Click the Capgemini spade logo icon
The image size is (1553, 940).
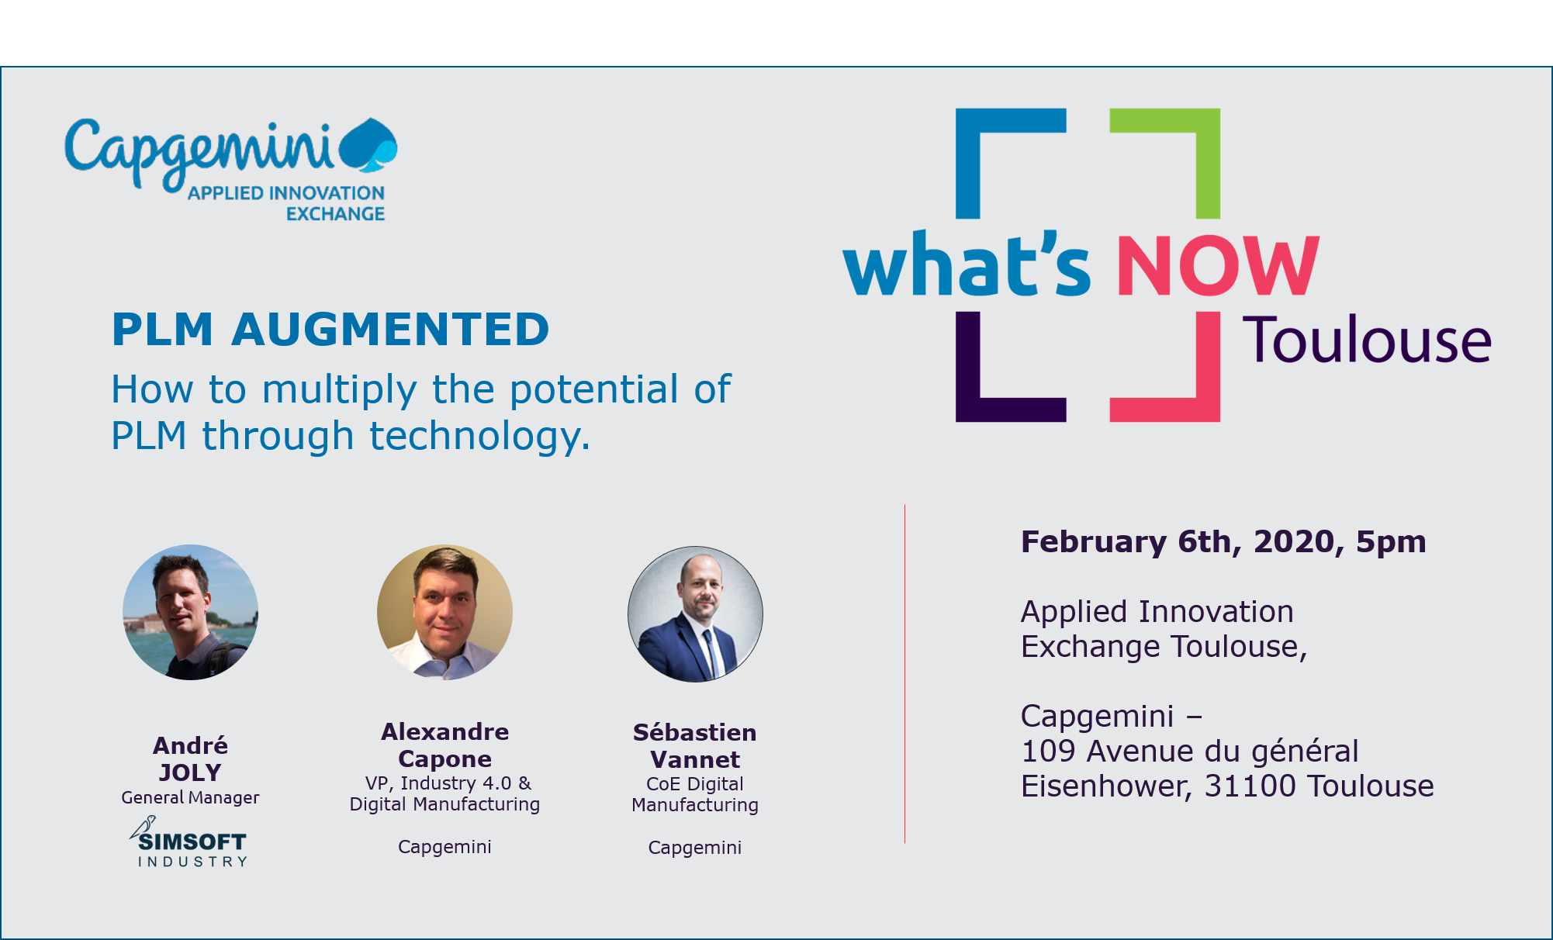(368, 144)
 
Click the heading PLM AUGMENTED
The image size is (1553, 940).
(330, 329)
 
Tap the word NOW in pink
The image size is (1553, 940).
(1218, 265)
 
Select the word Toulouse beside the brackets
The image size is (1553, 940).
(1368, 340)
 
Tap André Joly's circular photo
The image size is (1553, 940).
(191, 613)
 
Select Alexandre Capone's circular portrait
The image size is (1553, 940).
(444, 613)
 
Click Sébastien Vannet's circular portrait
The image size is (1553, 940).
(695, 614)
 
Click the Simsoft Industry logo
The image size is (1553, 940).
(189, 842)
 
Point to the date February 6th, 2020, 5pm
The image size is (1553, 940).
(1223, 541)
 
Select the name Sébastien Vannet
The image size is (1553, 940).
(695, 745)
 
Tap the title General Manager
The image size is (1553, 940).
(190, 797)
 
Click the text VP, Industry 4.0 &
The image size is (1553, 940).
(448, 783)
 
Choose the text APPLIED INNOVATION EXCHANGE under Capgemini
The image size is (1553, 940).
(286, 203)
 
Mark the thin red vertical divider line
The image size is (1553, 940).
(904, 673)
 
